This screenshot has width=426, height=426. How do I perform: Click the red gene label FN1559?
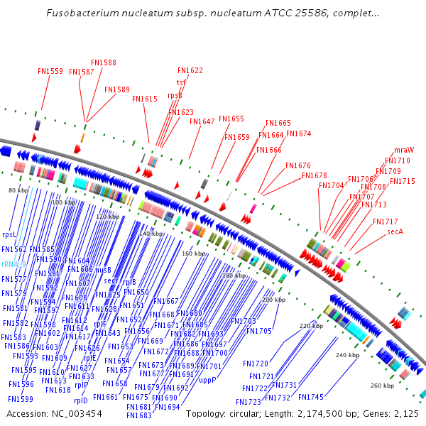(50, 71)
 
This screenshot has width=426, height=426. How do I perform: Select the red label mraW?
(404, 150)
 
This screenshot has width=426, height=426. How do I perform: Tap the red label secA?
(395, 231)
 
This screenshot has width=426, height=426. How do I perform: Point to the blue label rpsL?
(9, 234)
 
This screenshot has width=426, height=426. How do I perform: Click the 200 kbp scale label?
(273, 300)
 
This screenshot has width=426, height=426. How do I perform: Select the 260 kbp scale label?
(382, 386)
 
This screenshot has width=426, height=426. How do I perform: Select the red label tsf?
(182, 82)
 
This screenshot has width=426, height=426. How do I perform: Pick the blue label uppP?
(207, 380)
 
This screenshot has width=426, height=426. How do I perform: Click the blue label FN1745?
(311, 397)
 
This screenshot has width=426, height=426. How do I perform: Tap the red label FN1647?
(202, 121)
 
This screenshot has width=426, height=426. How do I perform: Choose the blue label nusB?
(104, 270)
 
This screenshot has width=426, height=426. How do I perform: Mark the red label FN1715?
(403, 181)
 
